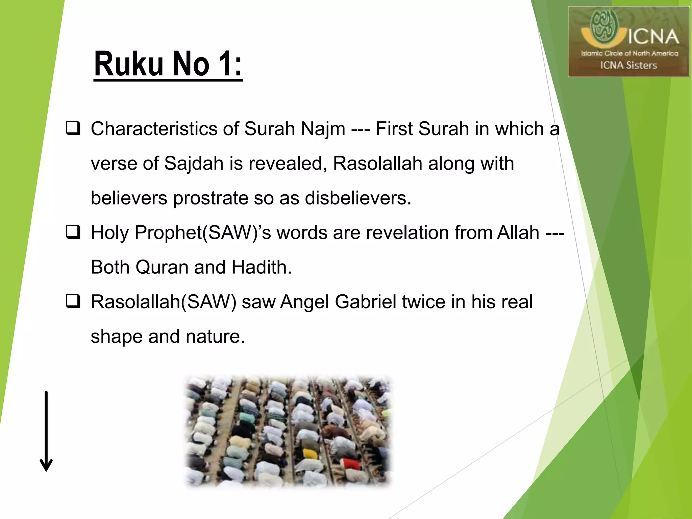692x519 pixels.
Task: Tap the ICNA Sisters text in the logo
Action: point(628,65)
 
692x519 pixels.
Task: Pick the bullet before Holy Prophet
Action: point(73,233)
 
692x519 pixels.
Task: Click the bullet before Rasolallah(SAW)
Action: point(73,302)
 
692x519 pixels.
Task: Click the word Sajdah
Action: point(194,164)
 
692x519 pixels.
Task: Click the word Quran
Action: point(162,267)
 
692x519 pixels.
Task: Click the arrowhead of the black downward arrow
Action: point(46,466)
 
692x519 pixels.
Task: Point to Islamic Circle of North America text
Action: point(629,53)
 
